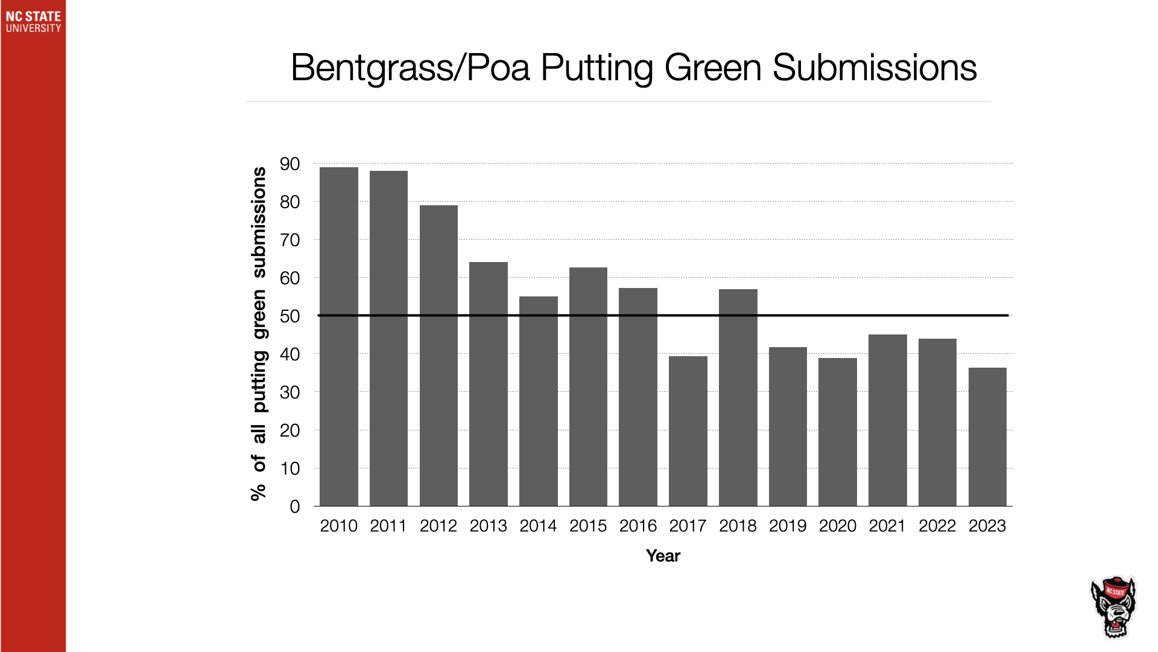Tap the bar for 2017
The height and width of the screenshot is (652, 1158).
point(688,431)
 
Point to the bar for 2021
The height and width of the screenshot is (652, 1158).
point(887,420)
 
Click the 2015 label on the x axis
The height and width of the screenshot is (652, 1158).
point(588,526)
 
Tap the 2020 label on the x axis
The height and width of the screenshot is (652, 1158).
point(837,526)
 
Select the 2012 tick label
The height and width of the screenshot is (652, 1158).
point(438,526)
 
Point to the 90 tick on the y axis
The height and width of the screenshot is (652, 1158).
point(289,164)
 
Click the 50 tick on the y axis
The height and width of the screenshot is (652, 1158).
point(289,316)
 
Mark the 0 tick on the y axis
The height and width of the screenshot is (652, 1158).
point(294,507)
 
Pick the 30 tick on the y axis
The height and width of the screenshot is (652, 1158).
point(289,392)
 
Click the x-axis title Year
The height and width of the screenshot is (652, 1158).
point(663,555)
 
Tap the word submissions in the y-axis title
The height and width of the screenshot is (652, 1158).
point(259,222)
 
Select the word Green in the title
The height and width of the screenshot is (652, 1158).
point(713,68)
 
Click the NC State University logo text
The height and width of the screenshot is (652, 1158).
point(33,22)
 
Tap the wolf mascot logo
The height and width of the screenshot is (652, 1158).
point(1113,607)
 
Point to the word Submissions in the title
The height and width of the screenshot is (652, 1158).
point(875,68)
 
